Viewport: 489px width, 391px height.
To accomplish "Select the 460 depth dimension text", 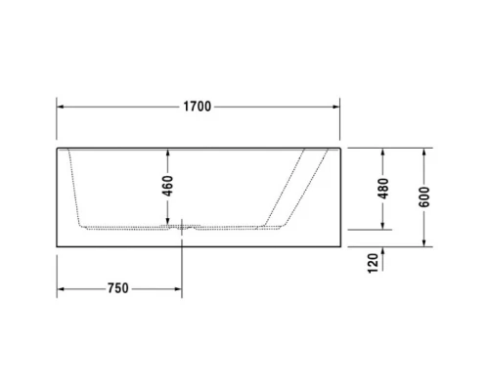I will click(x=167, y=185).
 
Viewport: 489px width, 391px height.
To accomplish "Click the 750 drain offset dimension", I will click(x=117, y=288).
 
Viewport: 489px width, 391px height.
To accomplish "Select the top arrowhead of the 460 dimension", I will click(x=167, y=153).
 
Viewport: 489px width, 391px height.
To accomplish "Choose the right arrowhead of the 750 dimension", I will click(x=176, y=288).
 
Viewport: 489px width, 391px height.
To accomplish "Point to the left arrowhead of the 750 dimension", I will click(x=61, y=288).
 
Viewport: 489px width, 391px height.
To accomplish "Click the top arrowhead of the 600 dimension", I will click(x=423, y=153).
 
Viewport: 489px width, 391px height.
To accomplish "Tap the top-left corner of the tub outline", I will click(x=57, y=150).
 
